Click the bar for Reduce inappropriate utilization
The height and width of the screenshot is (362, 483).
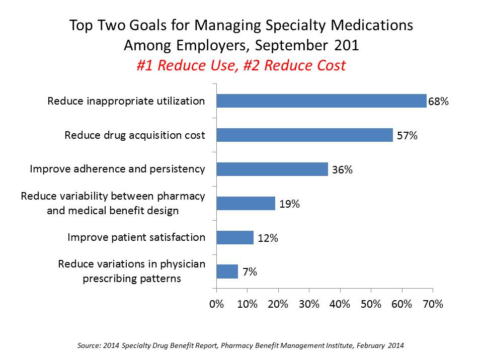321,101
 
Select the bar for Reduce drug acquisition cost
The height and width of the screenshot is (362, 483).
304,135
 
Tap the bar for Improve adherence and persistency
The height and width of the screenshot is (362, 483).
272,169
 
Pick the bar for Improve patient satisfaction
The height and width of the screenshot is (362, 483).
235,237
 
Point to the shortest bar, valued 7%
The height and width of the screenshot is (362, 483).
227,271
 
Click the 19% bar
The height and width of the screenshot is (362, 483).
246,203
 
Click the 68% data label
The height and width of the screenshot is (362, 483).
438,102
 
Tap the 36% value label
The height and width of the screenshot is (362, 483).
342,170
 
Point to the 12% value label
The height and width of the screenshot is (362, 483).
268,238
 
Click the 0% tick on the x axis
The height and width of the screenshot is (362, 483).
216,305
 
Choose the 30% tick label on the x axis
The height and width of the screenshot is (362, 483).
309,305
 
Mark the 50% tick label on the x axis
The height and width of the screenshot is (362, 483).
371,305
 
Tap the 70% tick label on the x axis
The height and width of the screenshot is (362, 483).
433,305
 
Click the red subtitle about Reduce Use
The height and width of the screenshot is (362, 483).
241,65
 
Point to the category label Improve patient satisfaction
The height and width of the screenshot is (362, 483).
136,237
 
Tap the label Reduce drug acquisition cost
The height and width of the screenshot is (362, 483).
135,135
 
